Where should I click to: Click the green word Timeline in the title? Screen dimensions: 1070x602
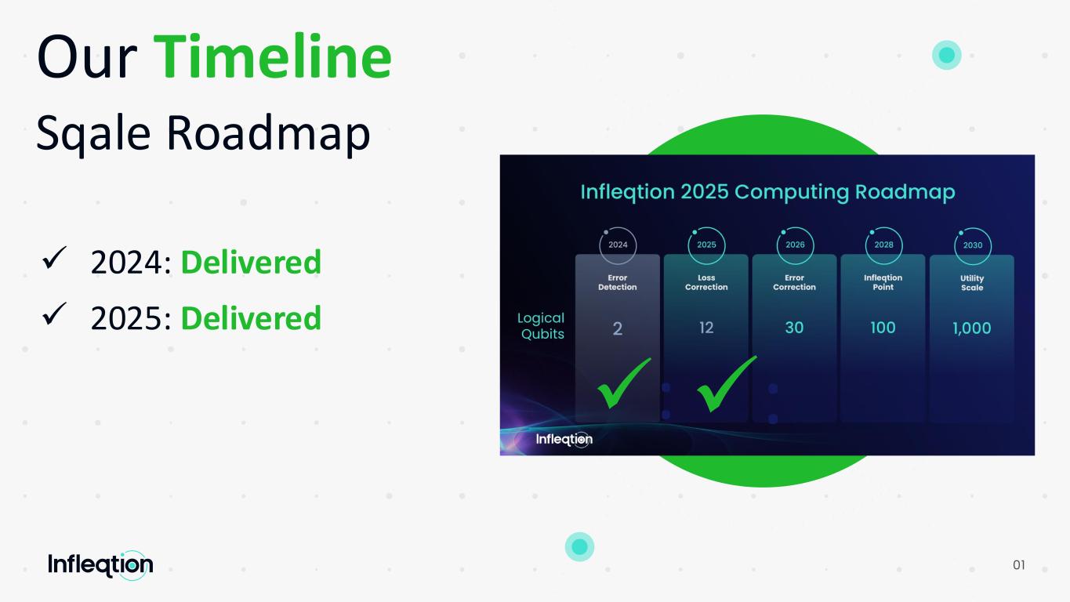point(272,56)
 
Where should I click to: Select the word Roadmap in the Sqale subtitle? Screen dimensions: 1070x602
point(268,134)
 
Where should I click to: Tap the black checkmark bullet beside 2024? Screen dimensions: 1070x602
point(54,258)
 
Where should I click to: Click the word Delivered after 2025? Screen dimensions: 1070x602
point(252,318)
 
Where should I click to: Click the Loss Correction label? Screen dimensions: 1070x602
point(706,282)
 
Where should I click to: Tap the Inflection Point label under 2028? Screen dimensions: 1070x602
point(883,282)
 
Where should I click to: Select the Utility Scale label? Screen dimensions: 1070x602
point(972,283)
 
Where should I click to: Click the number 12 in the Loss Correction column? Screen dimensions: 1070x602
point(706,328)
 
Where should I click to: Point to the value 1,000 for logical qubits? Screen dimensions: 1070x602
point(971,328)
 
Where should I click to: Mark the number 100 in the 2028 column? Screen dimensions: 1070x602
point(883,328)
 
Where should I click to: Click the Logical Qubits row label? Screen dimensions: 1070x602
point(541,326)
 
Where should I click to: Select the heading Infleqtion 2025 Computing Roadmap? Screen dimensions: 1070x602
point(767,192)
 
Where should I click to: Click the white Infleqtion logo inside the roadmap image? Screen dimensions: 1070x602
point(564,440)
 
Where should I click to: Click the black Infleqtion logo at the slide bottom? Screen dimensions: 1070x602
point(100,565)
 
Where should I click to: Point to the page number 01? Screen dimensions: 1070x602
point(1019,565)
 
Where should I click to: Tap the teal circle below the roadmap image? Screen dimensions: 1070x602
point(579,546)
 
